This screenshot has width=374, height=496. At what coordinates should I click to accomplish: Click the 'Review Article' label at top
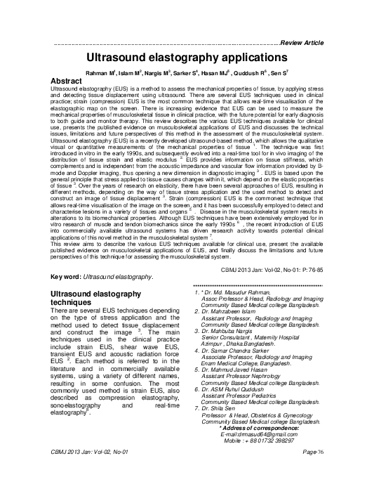(301, 44)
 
